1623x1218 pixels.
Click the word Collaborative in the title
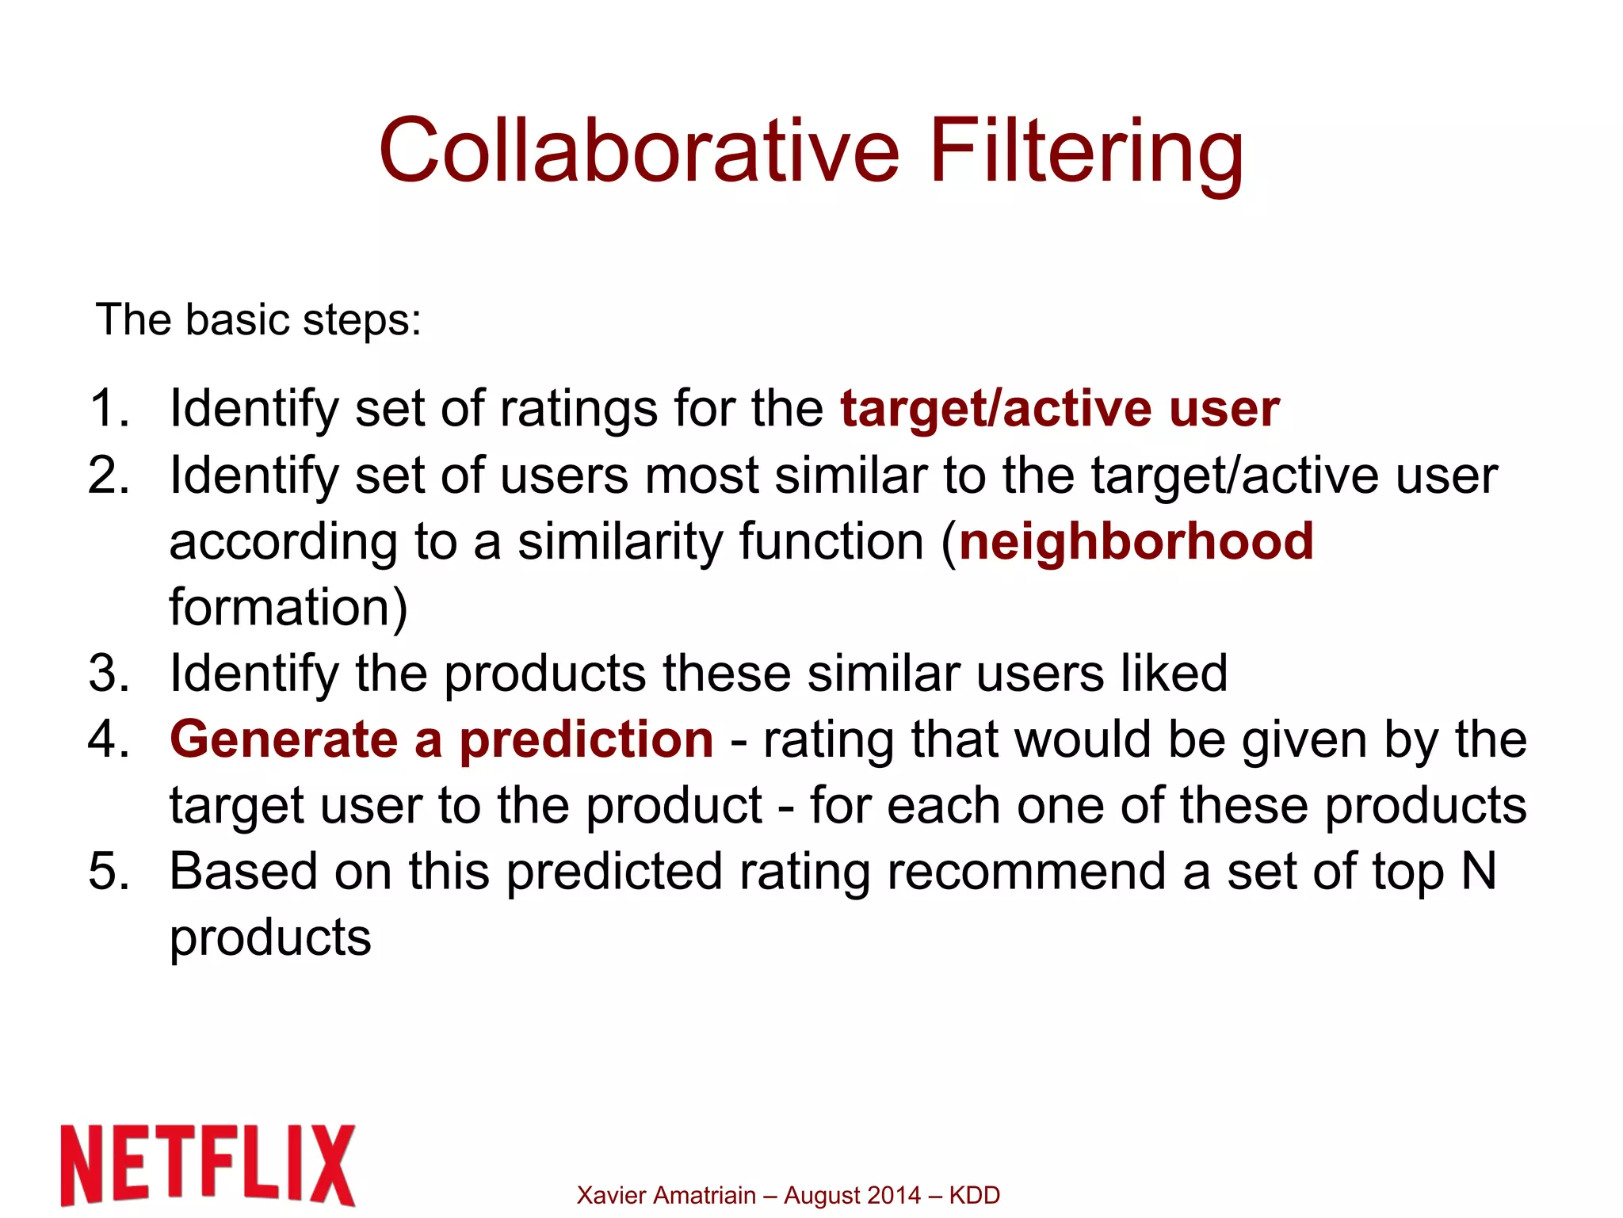[639, 151]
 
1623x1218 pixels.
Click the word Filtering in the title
[1085, 152]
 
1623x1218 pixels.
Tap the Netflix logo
[208, 1165]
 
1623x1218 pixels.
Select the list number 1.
[108, 409]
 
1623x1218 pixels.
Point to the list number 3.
[108, 674]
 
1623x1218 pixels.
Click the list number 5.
[108, 872]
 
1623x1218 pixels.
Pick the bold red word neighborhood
[1136, 542]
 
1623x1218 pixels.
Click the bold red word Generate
[284, 740]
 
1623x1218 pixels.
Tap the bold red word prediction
[586, 740]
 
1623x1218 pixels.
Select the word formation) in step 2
[288, 609]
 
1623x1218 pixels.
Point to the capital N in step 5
[1478, 872]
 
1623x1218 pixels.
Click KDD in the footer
[974, 1195]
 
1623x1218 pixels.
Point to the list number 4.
[108, 740]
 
